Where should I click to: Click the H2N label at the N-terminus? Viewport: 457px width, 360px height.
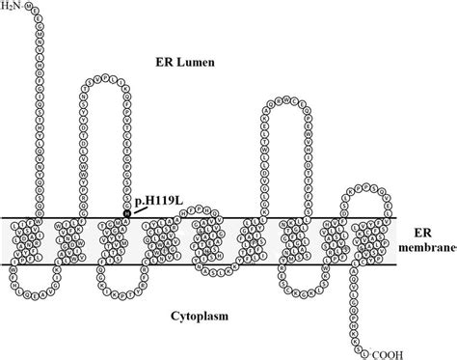(14, 8)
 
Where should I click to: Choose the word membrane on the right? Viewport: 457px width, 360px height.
(424, 250)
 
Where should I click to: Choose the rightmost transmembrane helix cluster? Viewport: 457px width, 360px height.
(365, 241)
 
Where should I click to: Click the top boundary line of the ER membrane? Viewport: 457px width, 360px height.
(231, 218)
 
